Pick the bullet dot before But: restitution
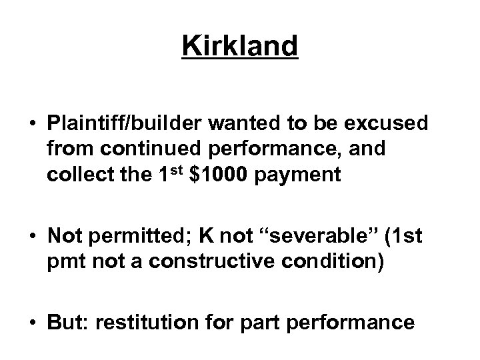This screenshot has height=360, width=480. (32, 323)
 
